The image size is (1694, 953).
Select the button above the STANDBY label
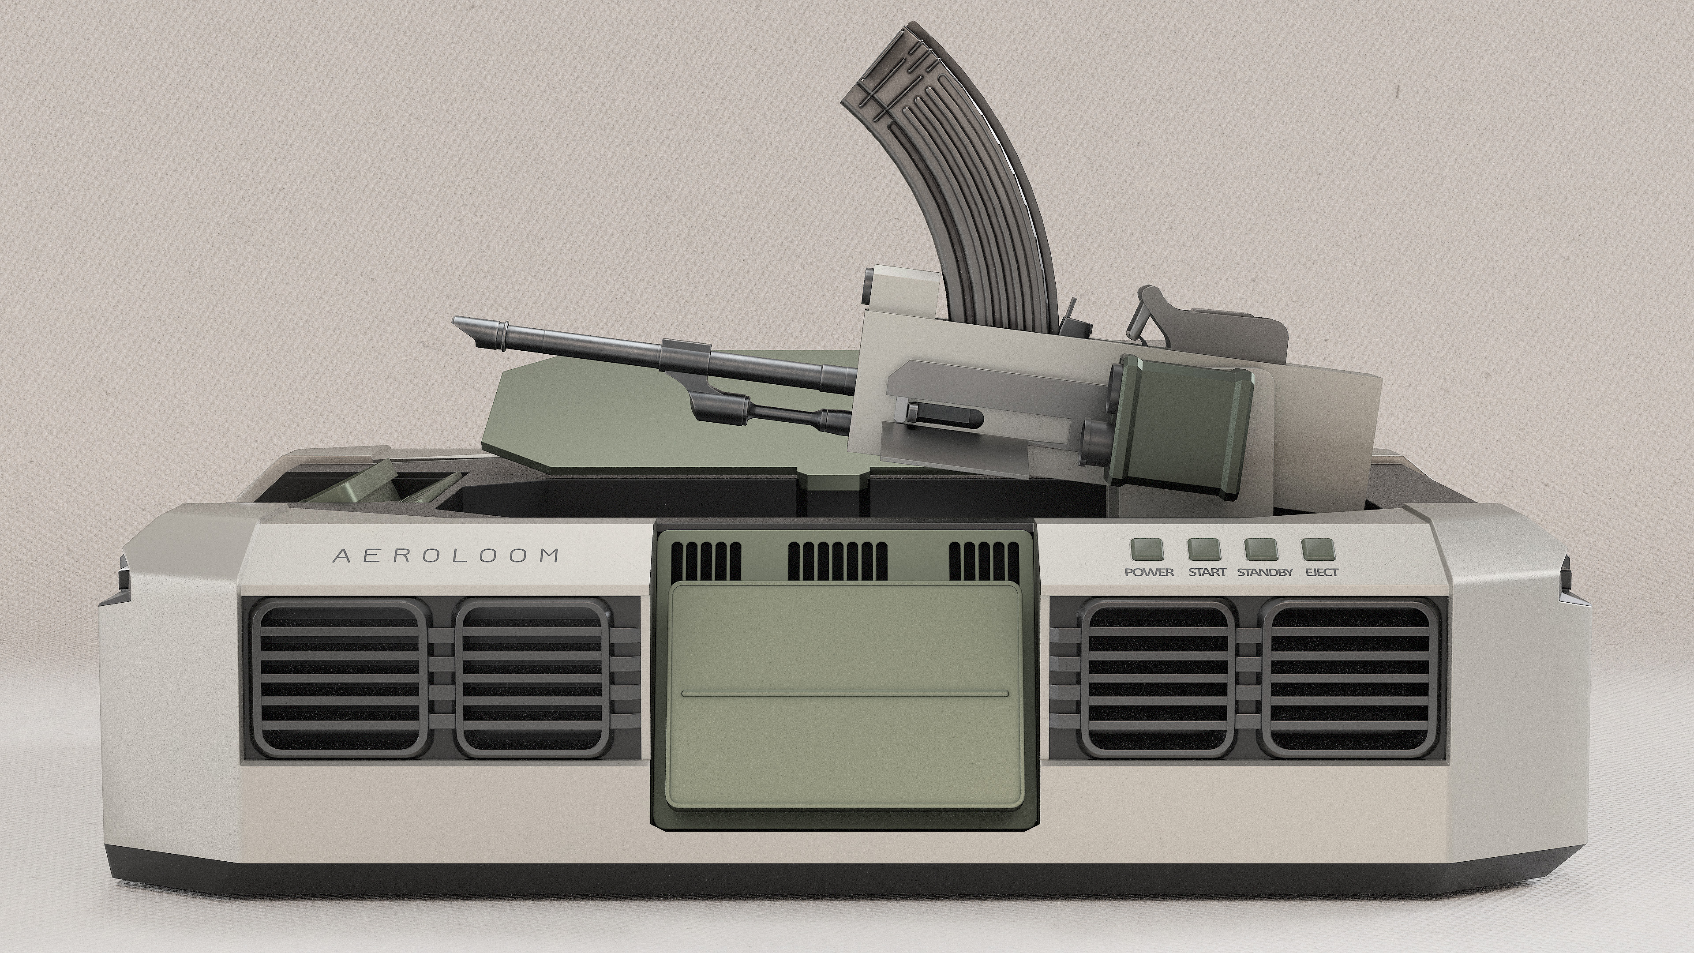pos(1261,548)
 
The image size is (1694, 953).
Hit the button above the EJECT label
pos(1318,548)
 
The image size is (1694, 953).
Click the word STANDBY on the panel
pos(1265,572)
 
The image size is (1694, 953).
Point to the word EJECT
pos(1321,572)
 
